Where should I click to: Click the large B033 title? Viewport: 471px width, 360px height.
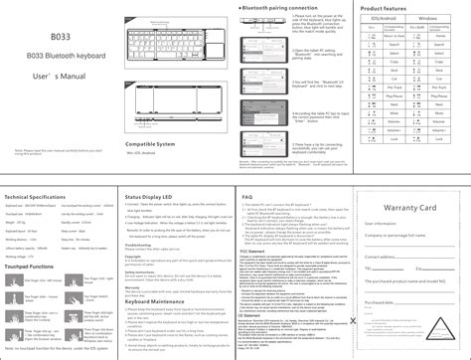pyautogui.click(x=59, y=34)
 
